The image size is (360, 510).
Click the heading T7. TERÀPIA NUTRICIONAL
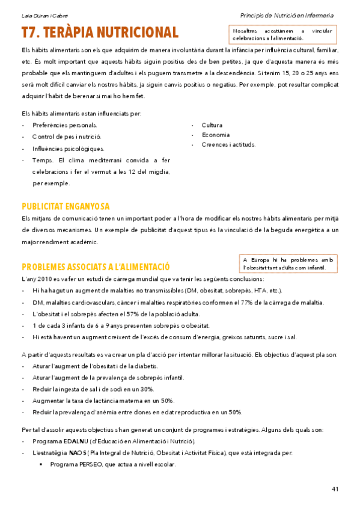coord(100,32)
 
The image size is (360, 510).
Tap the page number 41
coord(335,488)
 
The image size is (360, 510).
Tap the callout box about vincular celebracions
coord(282,34)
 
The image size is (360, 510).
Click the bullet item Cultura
coord(212,125)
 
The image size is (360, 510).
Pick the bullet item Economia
coord(216,135)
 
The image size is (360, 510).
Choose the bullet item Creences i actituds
coord(228,144)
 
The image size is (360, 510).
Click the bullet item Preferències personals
coord(65,125)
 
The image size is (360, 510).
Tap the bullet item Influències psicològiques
coord(68,149)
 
